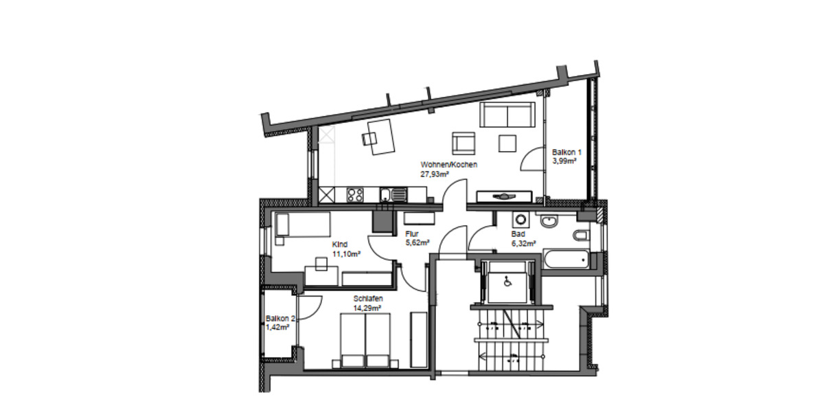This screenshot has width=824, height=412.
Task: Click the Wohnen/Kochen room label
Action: click(x=448, y=165)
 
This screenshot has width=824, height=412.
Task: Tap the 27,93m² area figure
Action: click(x=435, y=174)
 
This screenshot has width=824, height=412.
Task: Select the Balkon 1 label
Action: click(x=566, y=152)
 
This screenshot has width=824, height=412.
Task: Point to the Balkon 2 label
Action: click(x=280, y=319)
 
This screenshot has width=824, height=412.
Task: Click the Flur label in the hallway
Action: click(x=412, y=233)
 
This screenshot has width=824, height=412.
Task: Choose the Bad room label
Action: click(x=518, y=233)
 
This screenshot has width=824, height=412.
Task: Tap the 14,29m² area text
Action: click(x=367, y=308)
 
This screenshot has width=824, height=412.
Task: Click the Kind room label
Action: click(x=339, y=244)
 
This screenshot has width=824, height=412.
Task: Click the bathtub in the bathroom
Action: click(x=566, y=260)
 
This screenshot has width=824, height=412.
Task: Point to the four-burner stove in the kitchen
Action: click(x=355, y=194)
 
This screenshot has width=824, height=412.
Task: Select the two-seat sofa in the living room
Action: click(x=507, y=115)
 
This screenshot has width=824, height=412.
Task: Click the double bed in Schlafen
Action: click(x=365, y=339)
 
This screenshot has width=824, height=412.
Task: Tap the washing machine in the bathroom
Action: click(x=520, y=220)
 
